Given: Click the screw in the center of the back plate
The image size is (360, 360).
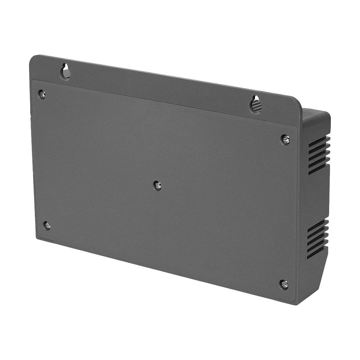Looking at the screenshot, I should pyautogui.click(x=157, y=185).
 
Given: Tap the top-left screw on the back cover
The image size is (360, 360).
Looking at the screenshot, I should pyautogui.click(x=42, y=94).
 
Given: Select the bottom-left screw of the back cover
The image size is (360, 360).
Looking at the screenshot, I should pyautogui.click(x=47, y=225).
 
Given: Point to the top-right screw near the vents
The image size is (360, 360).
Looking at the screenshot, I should pyautogui.click(x=285, y=139).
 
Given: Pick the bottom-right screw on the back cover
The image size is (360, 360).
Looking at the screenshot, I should pyautogui.click(x=284, y=284).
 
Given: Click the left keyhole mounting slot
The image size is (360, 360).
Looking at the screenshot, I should pyautogui.click(x=66, y=72).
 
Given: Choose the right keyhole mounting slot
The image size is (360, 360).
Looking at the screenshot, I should pyautogui.click(x=256, y=105).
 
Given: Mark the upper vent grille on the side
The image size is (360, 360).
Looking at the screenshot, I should pyautogui.click(x=319, y=155).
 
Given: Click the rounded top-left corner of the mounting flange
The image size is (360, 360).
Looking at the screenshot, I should pyautogui.click(x=33, y=59).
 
